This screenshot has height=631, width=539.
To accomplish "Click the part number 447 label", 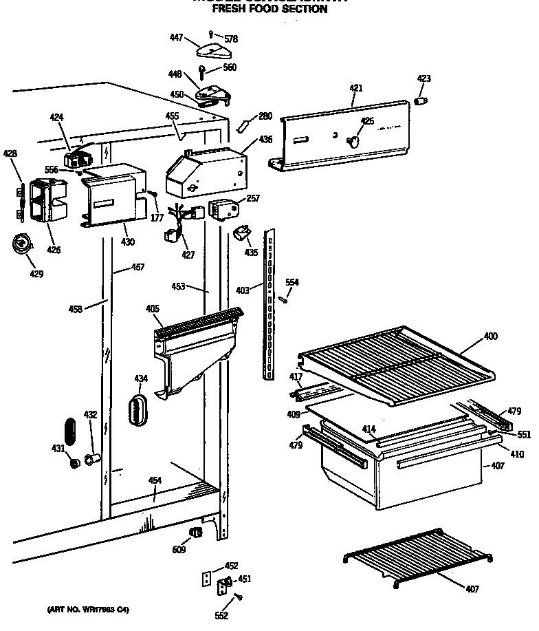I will pyautogui.click(x=177, y=38).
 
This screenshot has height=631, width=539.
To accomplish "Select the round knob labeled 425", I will pyautogui.click(x=353, y=141).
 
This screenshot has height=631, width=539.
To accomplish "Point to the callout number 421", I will pyautogui.click(x=355, y=88).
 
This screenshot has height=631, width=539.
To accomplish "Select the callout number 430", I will pyautogui.click(x=127, y=242).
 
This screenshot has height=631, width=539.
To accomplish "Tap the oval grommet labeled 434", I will pyautogui.click(x=138, y=415).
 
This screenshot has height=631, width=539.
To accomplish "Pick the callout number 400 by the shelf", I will pyautogui.click(x=490, y=336).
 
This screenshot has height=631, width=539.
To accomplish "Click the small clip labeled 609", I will pyautogui.click(x=196, y=533).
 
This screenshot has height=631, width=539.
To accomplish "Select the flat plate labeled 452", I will pyautogui.click(x=205, y=579).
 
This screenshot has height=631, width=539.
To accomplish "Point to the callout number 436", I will pyautogui.click(x=265, y=140).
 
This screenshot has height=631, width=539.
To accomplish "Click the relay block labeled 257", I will pyautogui.click(x=221, y=208).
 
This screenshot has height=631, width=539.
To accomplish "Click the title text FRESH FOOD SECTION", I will pyautogui.click(x=269, y=10).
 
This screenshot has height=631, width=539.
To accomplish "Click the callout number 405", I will pyautogui.click(x=152, y=309).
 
